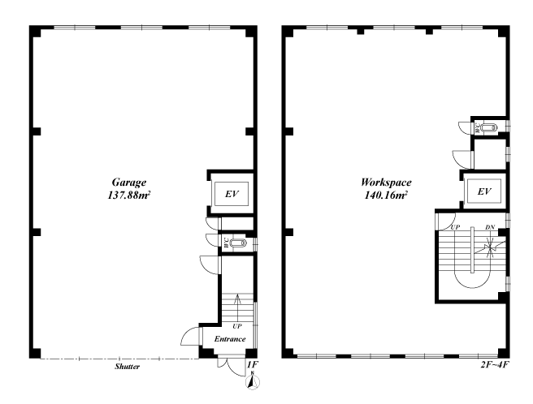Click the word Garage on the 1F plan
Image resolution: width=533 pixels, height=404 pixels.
(129, 183)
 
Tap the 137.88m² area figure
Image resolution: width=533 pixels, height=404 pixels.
(129, 196)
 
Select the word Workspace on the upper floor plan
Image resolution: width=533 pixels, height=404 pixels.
(386, 183)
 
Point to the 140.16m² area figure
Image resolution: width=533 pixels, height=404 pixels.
(386, 196)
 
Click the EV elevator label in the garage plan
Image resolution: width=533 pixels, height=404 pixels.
(232, 194)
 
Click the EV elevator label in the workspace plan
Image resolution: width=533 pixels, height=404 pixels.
(484, 191)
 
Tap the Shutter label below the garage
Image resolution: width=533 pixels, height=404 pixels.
(127, 367)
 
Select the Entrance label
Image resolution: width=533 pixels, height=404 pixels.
(230, 339)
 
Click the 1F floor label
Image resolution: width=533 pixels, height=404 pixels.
(253, 365)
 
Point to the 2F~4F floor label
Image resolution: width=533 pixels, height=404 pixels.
(495, 365)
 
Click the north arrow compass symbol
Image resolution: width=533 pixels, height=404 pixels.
(252, 381)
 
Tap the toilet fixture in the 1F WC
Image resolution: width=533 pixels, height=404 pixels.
(238, 243)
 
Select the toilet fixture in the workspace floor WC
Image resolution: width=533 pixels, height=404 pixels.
(489, 128)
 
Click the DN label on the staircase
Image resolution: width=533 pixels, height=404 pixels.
(490, 227)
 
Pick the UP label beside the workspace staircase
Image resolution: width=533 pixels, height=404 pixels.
(455, 227)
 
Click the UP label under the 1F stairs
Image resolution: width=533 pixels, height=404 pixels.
(237, 326)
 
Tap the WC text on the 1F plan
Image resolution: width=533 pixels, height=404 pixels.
(226, 243)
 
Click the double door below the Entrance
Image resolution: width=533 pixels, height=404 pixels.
(232, 366)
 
